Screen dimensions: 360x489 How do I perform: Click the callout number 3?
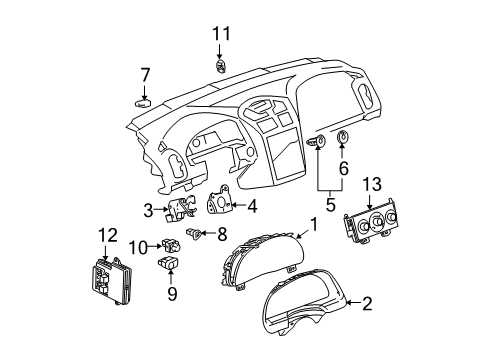point(149,209)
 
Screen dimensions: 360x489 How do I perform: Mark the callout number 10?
point(143,246)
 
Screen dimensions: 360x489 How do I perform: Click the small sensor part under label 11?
point(219,66)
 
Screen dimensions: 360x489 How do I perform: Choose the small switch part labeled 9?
point(168,265)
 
